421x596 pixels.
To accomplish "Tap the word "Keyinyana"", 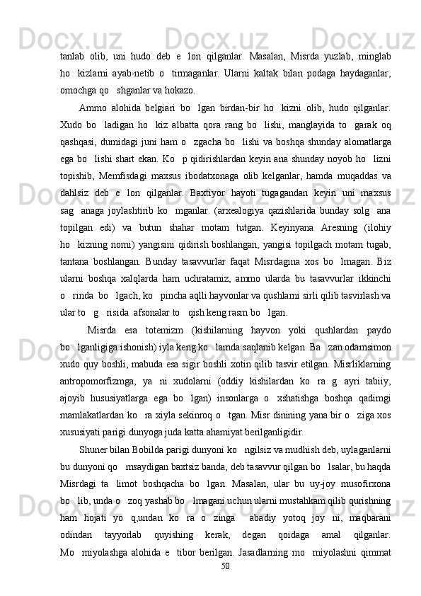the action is [x=298, y=256].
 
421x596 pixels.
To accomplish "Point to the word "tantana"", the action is [x=77, y=292].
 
